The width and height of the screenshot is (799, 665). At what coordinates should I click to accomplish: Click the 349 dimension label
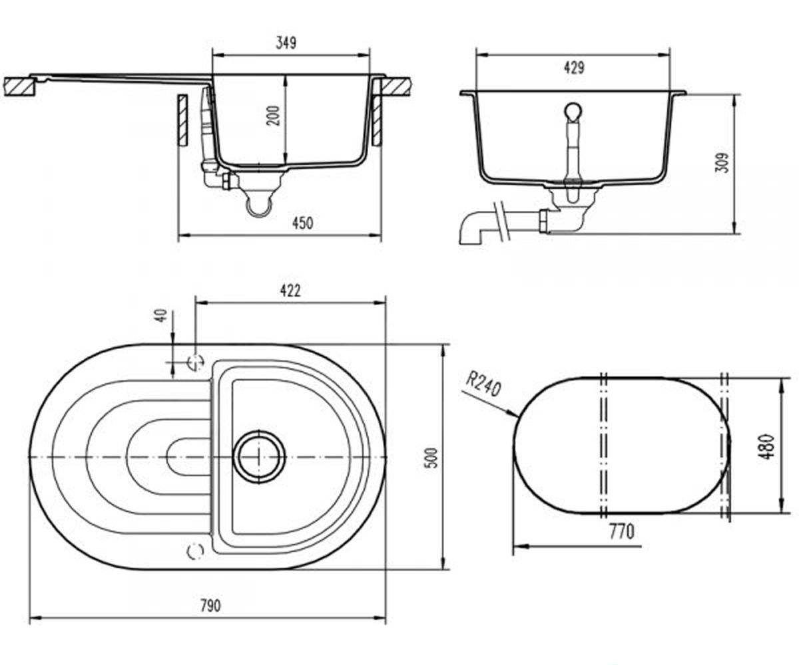286,43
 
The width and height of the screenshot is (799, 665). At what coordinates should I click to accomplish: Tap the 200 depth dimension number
274,116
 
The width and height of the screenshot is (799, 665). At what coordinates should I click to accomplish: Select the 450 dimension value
303,223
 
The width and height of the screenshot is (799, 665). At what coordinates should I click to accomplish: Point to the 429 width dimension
574,68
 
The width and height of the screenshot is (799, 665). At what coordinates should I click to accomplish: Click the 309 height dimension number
722,163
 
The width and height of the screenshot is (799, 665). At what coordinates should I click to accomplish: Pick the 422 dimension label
290,291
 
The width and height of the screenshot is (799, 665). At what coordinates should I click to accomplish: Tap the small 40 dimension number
162,315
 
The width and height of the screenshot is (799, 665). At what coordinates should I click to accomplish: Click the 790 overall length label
211,606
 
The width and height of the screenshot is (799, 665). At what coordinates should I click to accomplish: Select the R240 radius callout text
483,385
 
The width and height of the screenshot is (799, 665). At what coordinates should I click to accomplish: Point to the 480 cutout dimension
767,447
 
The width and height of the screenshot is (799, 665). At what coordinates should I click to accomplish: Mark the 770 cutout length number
622,531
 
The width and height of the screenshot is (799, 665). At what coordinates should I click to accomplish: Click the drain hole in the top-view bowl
260,458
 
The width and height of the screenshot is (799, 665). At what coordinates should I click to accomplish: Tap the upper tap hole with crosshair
196,362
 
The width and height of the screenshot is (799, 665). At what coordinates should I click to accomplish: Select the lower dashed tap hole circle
195,551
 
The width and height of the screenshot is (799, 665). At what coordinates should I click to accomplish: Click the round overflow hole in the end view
573,111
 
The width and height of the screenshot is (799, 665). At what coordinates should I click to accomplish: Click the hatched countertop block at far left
19,86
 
